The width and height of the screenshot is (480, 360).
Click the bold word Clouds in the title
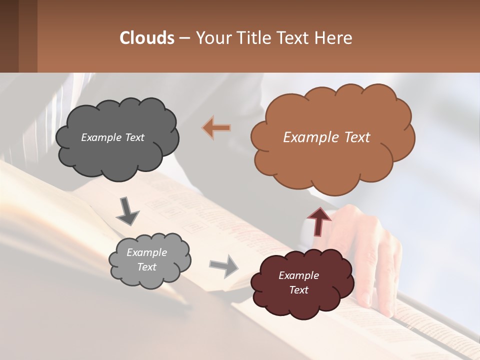point(147,37)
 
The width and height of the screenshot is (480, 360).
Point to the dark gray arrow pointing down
point(127,211)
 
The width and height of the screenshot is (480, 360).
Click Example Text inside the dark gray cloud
point(112,137)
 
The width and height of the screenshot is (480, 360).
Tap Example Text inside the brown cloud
point(326,137)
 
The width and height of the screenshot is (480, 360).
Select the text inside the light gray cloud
point(146,260)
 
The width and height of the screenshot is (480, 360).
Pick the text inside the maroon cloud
point(298,282)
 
